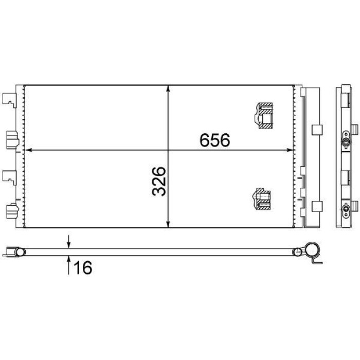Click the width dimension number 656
[x=214, y=140]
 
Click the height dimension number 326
[x=158, y=182]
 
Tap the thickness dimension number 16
[x=83, y=267]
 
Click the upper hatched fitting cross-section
[x=263, y=116]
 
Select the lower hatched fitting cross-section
[x=261, y=199]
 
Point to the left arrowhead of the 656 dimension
[x=28, y=150]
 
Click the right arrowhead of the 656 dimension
[x=290, y=150]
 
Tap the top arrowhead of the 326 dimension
[x=169, y=88]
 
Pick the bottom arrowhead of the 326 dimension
[x=169, y=224]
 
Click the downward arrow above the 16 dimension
[x=68, y=241]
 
